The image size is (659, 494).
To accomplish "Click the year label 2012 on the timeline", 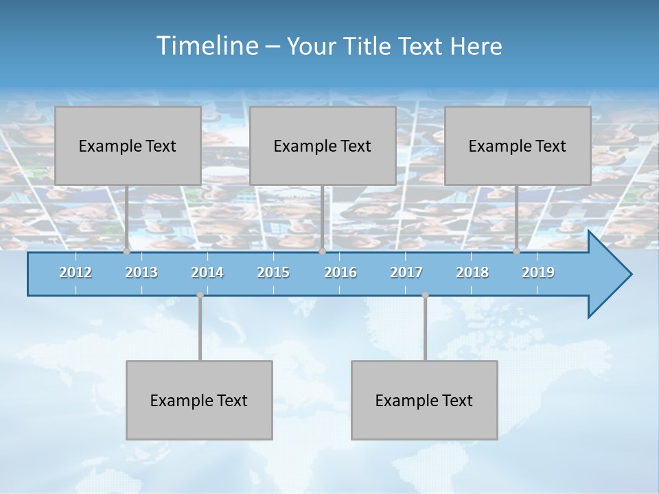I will click(76, 272).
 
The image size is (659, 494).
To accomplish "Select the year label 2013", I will click(141, 272).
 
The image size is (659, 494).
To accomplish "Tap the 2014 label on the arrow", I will click(207, 272).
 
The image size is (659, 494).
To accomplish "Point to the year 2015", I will click(273, 272).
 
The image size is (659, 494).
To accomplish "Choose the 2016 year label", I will click(340, 272).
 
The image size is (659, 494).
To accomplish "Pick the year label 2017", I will click(406, 272).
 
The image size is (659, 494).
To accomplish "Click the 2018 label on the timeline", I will click(472, 272).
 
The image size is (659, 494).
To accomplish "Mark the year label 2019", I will click(538, 272).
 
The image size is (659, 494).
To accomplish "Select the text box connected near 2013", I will click(128, 145).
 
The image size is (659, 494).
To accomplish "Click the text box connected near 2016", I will click(323, 145).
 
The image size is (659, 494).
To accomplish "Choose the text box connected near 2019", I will click(518, 145).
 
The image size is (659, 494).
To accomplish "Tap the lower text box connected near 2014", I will click(199, 400).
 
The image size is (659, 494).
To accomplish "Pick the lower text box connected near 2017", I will click(424, 400).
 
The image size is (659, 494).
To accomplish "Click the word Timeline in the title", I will click(206, 46).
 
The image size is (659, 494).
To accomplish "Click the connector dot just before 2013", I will click(126, 252).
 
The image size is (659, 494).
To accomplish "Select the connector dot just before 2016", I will click(322, 252).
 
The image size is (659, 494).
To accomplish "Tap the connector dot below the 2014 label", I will click(200, 295).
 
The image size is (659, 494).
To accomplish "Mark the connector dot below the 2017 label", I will click(425, 295).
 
